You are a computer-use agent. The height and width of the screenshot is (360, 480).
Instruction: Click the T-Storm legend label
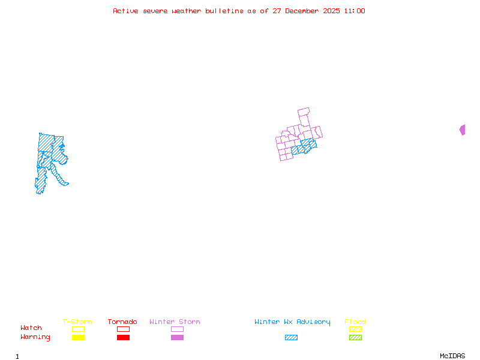pyautogui.click(x=77, y=322)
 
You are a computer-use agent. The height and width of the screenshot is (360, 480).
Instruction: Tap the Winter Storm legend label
pyautogui.click(x=175, y=322)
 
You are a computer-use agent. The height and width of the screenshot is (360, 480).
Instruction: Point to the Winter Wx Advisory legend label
pyautogui.click(x=292, y=322)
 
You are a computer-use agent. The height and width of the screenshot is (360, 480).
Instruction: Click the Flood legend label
pyautogui.click(x=355, y=322)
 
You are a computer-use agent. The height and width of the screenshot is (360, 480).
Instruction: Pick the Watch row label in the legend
pyautogui.click(x=31, y=328)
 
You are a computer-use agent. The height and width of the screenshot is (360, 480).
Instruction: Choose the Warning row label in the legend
pyautogui.click(x=35, y=337)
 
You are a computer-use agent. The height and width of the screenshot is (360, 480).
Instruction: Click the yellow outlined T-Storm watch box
pyautogui.click(x=78, y=329)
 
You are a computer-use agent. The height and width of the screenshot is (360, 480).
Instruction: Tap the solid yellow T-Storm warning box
pyautogui.click(x=78, y=338)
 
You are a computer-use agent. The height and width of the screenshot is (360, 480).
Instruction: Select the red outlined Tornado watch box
pyautogui.click(x=123, y=329)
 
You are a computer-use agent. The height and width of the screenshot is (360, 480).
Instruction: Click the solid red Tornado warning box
pyautogui.click(x=123, y=338)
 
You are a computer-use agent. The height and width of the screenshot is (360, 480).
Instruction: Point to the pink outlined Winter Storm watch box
pyautogui.click(x=177, y=329)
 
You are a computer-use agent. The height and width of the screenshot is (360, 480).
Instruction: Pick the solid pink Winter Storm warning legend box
pyautogui.click(x=177, y=338)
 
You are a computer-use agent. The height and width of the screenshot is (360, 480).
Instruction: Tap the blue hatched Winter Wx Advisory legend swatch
pyautogui.click(x=291, y=338)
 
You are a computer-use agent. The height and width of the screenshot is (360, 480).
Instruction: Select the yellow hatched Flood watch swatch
pyautogui.click(x=355, y=329)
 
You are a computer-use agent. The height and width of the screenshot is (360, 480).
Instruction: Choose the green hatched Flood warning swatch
pyautogui.click(x=355, y=338)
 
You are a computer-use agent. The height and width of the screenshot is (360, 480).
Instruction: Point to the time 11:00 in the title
pyautogui.click(x=353, y=11)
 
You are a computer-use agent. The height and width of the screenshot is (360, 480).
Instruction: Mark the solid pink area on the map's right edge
pyautogui.click(x=463, y=130)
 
